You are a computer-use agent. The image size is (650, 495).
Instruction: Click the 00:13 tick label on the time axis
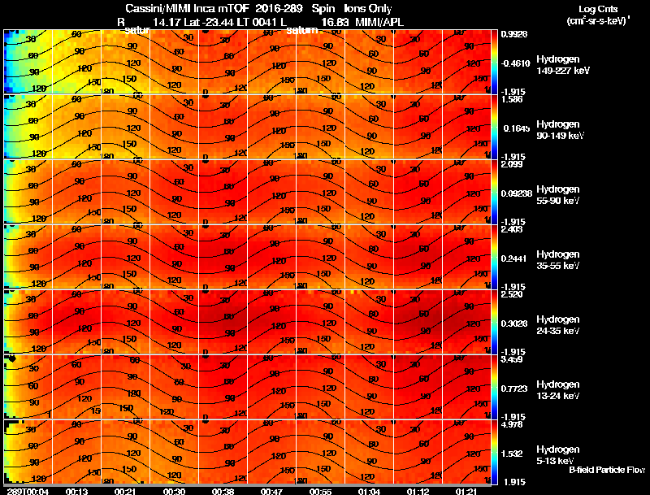[77, 491]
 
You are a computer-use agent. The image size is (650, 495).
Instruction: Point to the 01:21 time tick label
[466, 491]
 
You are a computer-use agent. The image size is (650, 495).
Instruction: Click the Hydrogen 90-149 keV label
[557, 131]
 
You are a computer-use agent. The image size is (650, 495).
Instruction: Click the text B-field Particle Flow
[607, 470]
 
